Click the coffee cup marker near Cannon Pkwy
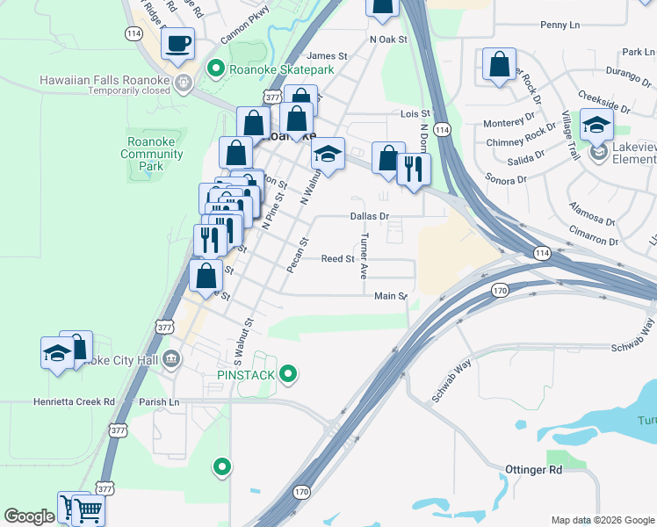pyautogui.click(x=178, y=43)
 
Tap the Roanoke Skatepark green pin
pyautogui.click(x=214, y=68)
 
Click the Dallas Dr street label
pyautogui.click(x=369, y=215)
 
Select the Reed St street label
pyautogui.click(x=337, y=259)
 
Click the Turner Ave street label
pyautogui.click(x=363, y=256)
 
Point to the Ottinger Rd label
pyautogui.click(x=533, y=470)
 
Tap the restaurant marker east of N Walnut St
pyautogui.click(x=414, y=168)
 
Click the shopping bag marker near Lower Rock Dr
pyautogui.click(x=499, y=64)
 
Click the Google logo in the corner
pyautogui.click(x=29, y=517)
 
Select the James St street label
pyautogui.click(x=328, y=55)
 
